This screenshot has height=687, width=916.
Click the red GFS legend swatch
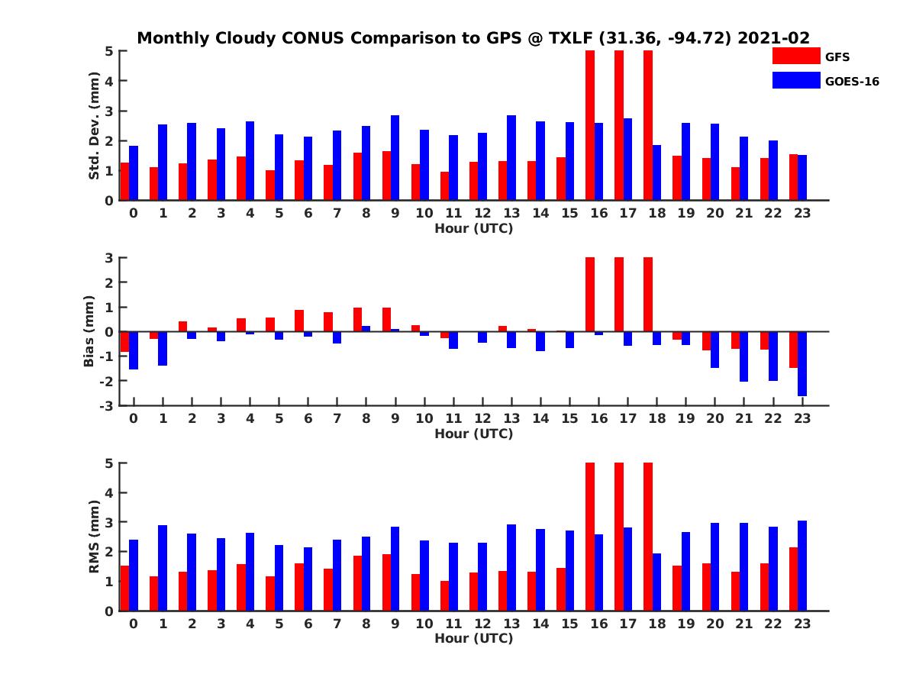pyautogui.click(x=795, y=56)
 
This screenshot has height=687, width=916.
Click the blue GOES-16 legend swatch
pyautogui.click(x=795, y=80)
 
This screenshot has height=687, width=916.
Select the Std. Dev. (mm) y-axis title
pyautogui.click(x=95, y=126)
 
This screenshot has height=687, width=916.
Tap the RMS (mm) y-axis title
pyautogui.click(x=95, y=537)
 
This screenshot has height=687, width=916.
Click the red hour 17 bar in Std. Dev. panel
pyautogui.click(x=619, y=125)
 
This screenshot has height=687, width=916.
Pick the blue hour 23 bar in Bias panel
pyautogui.click(x=802, y=363)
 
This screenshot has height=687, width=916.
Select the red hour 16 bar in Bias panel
pyautogui.click(x=590, y=295)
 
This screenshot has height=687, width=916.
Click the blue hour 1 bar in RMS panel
pyautogui.click(x=163, y=568)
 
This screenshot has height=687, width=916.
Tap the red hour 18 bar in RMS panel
pyautogui.click(x=648, y=537)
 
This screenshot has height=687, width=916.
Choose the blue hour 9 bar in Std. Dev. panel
pyautogui.click(x=395, y=158)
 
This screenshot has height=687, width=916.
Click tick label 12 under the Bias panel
pyautogui.click(x=482, y=419)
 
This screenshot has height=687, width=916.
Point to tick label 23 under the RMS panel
pyautogui.click(x=801, y=624)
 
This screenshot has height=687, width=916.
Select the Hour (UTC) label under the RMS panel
pyautogui.click(x=473, y=638)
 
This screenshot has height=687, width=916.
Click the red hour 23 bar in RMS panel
pyautogui.click(x=793, y=579)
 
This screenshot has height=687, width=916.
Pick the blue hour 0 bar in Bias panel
pyautogui.click(x=134, y=350)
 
